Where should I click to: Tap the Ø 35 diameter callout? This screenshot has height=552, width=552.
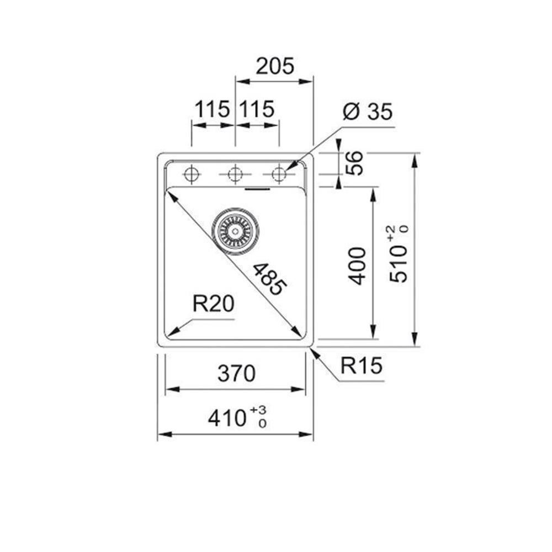click(367, 112)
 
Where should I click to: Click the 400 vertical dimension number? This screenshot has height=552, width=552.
click(357, 266)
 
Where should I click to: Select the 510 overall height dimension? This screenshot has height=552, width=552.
click(399, 264)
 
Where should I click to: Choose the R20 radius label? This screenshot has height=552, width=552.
click(213, 304)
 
